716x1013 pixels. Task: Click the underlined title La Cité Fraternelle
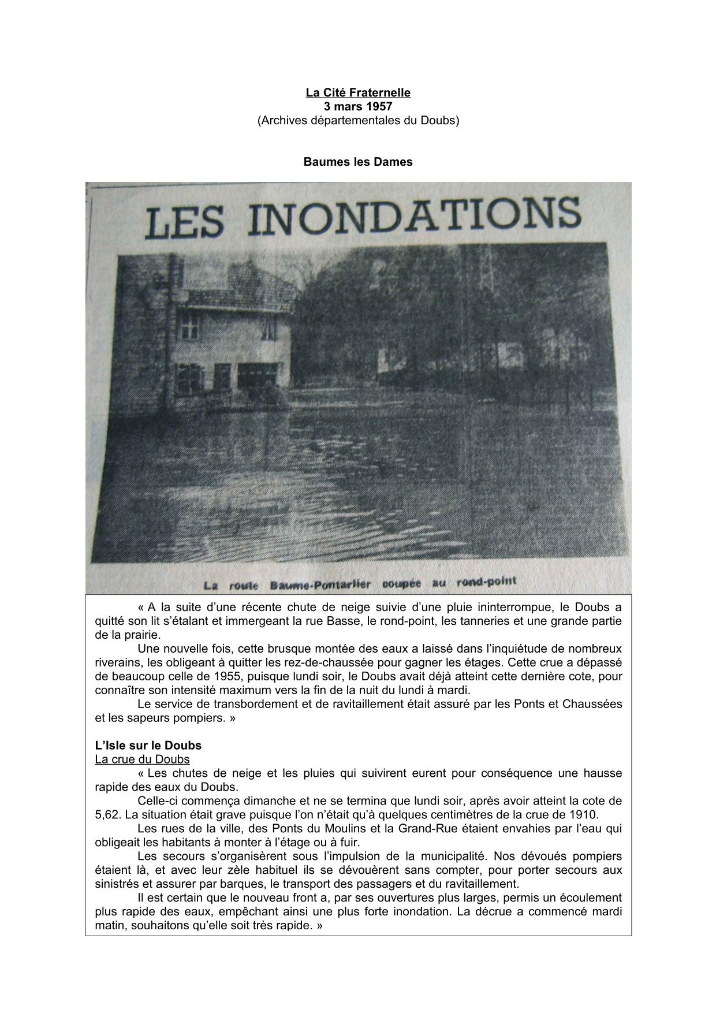pos(358,92)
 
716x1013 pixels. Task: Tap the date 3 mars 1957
pos(358,107)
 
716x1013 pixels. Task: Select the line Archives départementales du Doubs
pos(358,121)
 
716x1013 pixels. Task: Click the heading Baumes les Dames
pos(358,162)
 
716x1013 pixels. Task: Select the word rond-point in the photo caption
pos(486,582)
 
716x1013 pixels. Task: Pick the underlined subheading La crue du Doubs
pos(142,759)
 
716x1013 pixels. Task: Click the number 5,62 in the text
pos(107,815)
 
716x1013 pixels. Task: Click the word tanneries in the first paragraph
pos(498,621)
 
